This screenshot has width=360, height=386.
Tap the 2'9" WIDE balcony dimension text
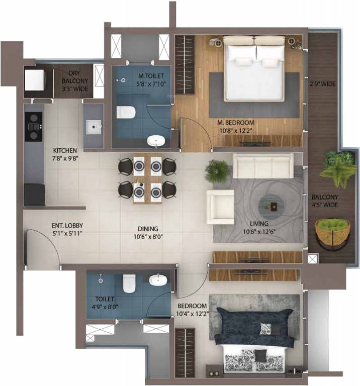(x=323, y=83)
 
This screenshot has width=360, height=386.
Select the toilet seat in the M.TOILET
(x=125, y=112)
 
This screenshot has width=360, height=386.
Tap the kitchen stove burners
(x=33, y=126)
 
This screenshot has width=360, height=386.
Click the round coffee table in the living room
(x=274, y=205)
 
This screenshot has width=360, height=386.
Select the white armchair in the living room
(x=220, y=207)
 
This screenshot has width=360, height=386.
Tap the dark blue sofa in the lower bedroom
(x=253, y=327)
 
